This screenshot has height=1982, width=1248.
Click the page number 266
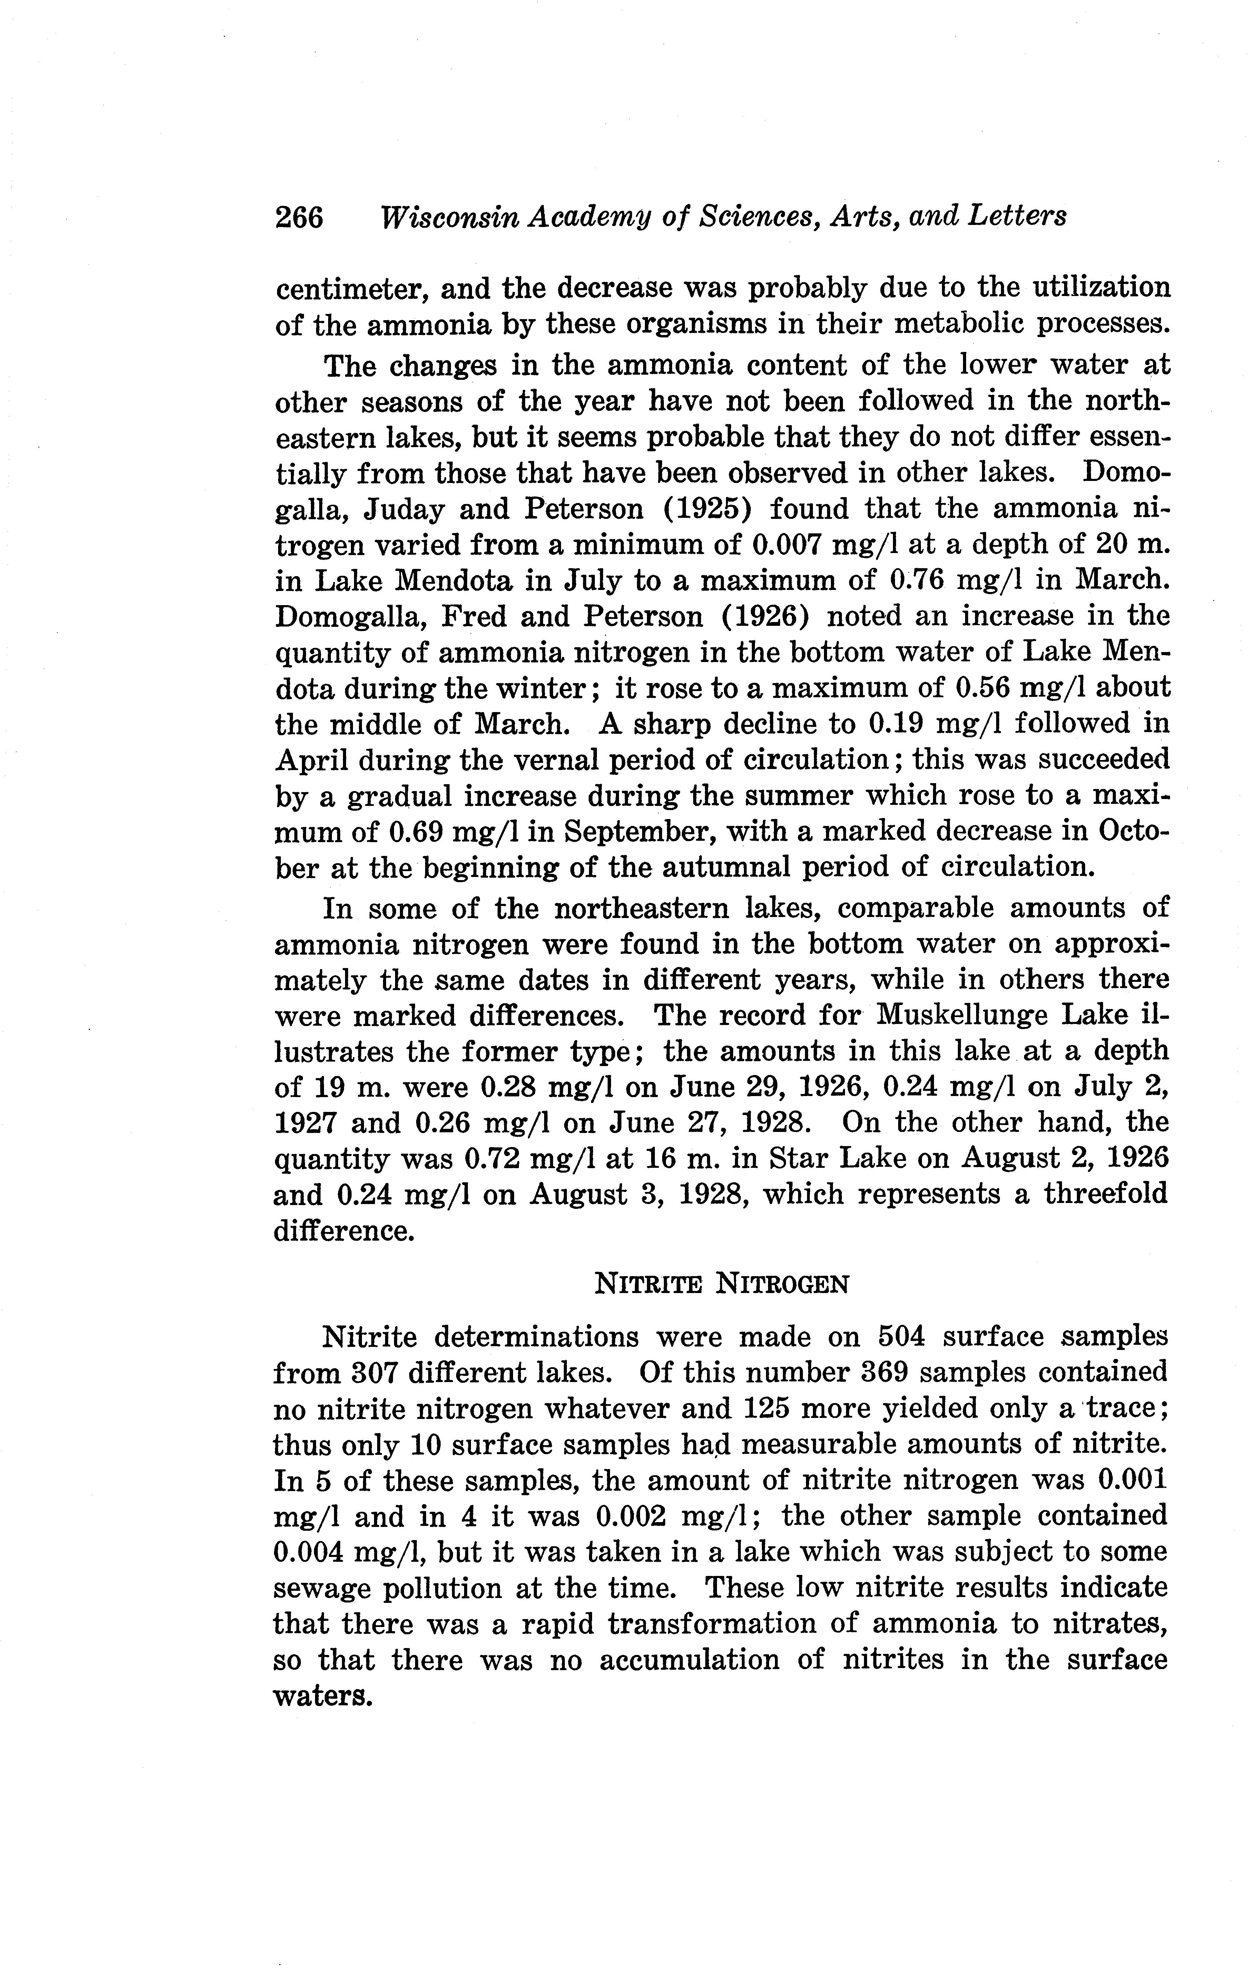[299, 217]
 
